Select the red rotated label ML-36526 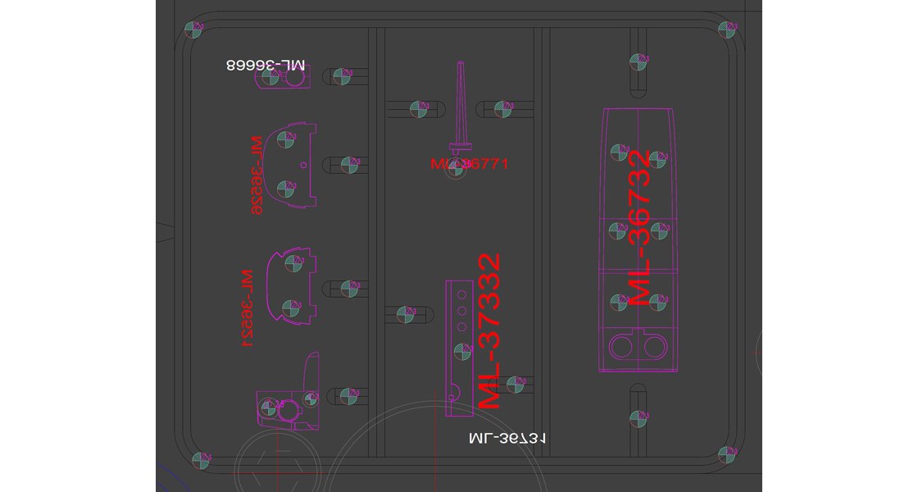click(257, 175)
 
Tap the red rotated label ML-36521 click(245, 308)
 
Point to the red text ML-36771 click(470, 164)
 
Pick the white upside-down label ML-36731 click(507, 439)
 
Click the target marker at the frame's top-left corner click(194, 30)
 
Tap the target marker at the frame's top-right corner click(725, 30)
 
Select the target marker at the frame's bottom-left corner click(199, 460)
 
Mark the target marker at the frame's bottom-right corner click(726, 454)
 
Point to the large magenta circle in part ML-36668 click(293, 79)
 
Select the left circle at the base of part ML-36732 click(623, 348)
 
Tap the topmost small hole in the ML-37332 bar click(461, 294)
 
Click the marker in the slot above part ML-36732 click(638, 61)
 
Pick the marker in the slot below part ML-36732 click(638, 417)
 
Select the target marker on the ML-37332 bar click(461, 351)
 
